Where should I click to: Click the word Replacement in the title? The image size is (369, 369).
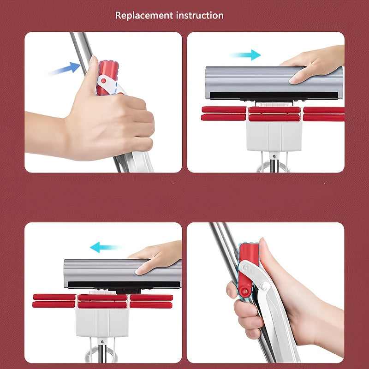click(x=144, y=16)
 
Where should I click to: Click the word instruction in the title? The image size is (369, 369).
click(x=200, y=16)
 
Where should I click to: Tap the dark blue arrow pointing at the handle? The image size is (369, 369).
click(x=65, y=69)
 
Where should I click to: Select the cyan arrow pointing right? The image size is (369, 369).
click(x=245, y=55)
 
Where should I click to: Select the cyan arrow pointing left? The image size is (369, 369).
click(x=106, y=247)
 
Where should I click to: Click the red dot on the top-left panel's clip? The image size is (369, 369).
click(x=103, y=81)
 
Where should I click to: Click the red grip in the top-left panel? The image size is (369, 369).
click(x=108, y=77)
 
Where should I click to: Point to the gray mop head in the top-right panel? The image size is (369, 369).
click(x=274, y=83)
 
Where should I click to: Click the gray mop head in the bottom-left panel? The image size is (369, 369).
click(x=122, y=274)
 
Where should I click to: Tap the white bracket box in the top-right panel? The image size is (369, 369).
click(x=274, y=136)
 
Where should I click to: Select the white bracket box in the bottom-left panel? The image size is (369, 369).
click(x=102, y=322)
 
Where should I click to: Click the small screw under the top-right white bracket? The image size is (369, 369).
click(x=274, y=156)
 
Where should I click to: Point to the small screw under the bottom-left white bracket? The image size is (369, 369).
click(x=102, y=342)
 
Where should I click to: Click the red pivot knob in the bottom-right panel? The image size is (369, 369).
click(x=245, y=292)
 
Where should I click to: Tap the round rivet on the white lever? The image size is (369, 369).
click(x=264, y=286)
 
